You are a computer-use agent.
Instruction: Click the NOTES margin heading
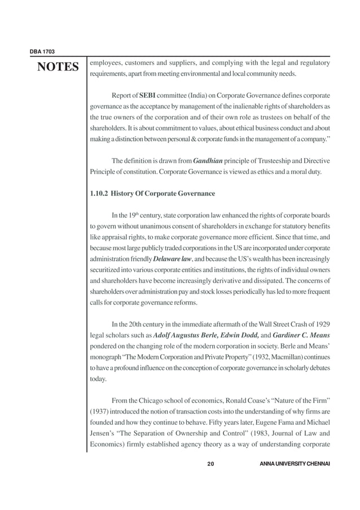click(x=58, y=68)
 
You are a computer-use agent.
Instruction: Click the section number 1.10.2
click(x=99, y=194)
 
